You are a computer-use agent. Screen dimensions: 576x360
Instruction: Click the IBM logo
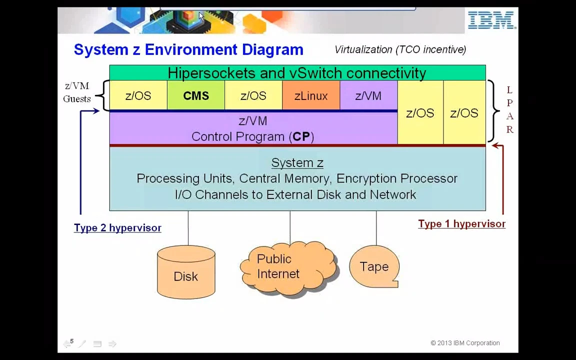[x=491, y=20]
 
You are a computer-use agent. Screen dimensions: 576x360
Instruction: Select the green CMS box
[x=196, y=95]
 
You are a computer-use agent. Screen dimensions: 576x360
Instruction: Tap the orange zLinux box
[x=311, y=95]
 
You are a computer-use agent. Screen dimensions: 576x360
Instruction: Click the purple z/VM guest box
[x=368, y=95]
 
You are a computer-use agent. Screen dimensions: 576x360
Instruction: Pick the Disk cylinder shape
[x=186, y=272]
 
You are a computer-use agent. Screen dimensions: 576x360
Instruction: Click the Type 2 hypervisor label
[x=117, y=228]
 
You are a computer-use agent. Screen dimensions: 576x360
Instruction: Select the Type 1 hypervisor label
[x=462, y=224]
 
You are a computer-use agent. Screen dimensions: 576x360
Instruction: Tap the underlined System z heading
[x=297, y=162]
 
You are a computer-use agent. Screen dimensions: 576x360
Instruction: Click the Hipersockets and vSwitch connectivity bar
[x=297, y=72]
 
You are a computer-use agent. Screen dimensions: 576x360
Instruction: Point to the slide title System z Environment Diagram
[x=188, y=49]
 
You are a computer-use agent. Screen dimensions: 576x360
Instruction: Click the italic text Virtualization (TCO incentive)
[x=400, y=49]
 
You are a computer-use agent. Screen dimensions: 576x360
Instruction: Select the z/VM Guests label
[x=77, y=92]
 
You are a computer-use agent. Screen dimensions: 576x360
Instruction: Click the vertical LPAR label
[x=509, y=109]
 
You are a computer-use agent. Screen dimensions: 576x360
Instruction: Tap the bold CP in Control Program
[x=301, y=136]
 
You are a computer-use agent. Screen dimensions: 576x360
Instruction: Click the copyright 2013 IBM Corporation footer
[x=465, y=343]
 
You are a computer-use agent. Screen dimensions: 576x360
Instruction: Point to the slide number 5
[x=72, y=341]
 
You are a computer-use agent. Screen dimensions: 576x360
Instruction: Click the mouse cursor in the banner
[x=201, y=16]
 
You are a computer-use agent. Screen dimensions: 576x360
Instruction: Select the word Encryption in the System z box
[x=366, y=178]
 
